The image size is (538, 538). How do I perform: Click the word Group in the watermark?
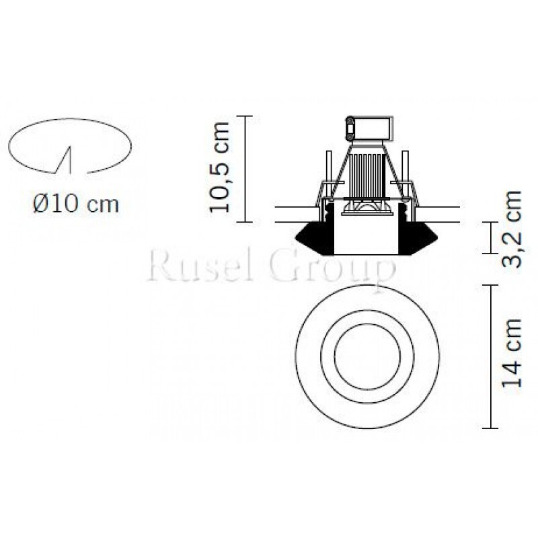coord(333,267)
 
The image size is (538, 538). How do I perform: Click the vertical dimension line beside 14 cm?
coord(493,356)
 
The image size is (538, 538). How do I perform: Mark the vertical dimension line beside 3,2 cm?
coord(493,237)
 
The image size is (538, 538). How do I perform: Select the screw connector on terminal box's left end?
coord(350,126)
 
